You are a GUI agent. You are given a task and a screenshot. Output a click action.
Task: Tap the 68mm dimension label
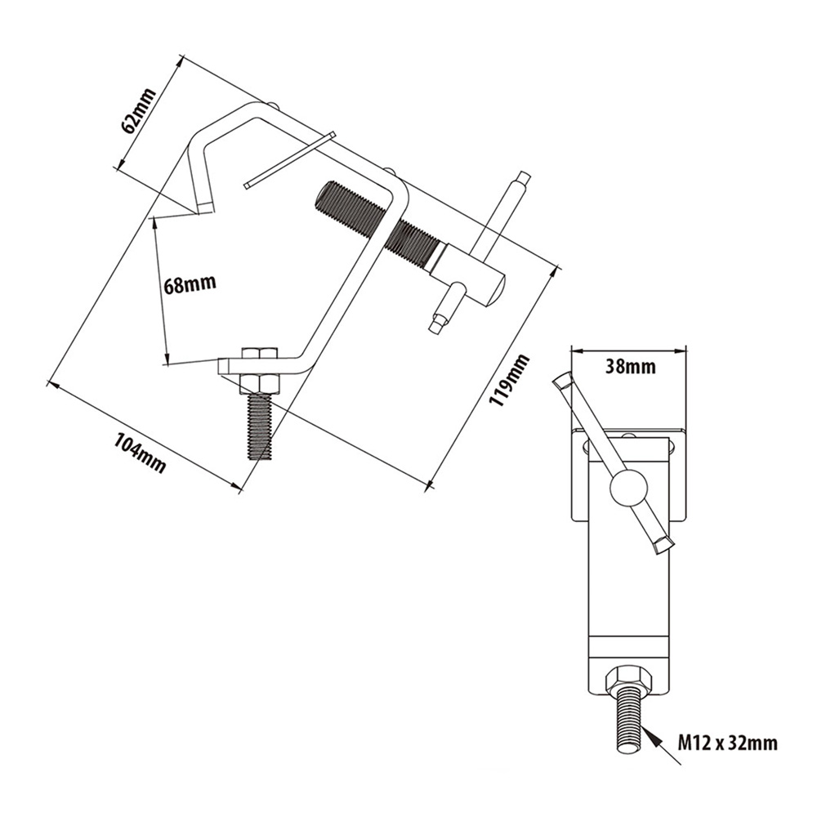pos(190,284)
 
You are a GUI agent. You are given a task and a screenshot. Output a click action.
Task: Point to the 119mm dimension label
pos(509,381)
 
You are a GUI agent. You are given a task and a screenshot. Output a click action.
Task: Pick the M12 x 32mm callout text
pos(727,742)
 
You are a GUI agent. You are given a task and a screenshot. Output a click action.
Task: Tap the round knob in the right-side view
pos(628,486)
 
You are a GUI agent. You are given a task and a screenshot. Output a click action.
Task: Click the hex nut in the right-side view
pos(627,680)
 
